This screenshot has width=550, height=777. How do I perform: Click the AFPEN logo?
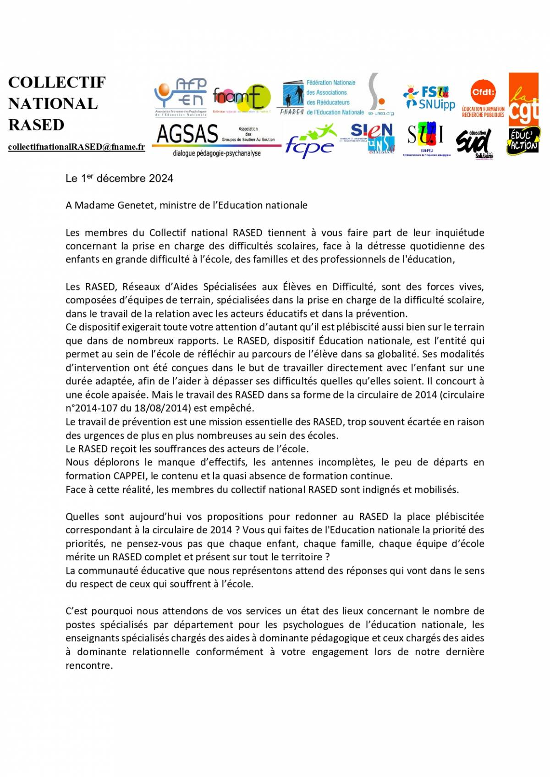coord(181,97)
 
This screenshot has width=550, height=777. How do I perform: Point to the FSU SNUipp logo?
coord(429,98)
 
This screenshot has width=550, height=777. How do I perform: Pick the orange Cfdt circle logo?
coord(483,92)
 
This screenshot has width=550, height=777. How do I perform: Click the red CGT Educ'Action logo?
coord(523,114)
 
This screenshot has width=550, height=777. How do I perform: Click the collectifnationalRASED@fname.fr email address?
coord(77,147)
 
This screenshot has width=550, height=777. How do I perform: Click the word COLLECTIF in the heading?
coord(57,82)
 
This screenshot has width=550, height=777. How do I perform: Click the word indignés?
coord(380,490)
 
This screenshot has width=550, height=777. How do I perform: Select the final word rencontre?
coord(89,666)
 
